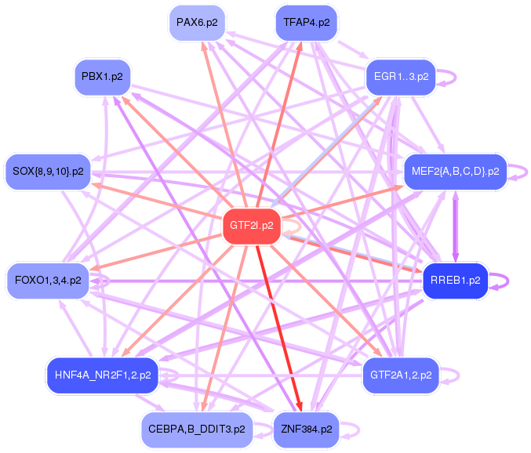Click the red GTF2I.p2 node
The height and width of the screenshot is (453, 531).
coord(251,226)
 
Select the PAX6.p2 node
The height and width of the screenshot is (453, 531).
coord(196,22)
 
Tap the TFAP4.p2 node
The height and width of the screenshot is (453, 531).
coord(306,22)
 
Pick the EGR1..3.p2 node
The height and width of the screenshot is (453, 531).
coord(401,77)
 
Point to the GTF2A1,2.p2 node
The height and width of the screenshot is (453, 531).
coord(400,375)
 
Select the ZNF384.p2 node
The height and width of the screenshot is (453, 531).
coord(306,429)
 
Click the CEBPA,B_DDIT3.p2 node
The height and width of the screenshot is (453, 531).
coord(196,429)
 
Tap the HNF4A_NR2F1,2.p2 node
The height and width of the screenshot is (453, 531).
coord(102,375)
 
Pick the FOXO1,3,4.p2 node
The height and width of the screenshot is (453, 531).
coord(47,280)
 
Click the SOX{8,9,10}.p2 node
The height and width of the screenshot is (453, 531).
coord(47,172)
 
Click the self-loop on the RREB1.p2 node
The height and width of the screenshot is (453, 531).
coord(505,280)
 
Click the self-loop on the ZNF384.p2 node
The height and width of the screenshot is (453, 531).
coord(356,429)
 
